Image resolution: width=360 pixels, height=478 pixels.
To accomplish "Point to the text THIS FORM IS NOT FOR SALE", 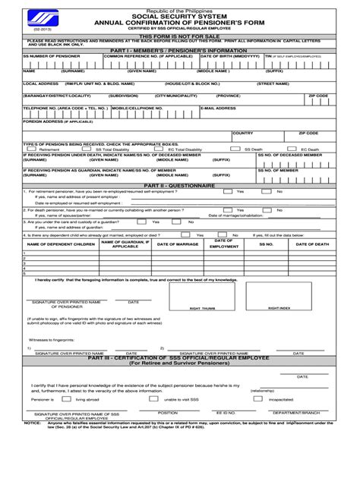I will [x=180, y=36].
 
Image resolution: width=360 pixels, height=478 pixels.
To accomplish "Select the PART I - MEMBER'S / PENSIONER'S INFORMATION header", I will [x=180, y=50].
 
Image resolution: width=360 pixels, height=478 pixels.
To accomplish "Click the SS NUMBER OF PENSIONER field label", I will [x=48, y=55].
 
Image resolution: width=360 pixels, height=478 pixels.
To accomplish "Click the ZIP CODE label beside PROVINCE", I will [x=317, y=96].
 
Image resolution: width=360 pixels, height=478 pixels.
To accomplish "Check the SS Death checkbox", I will [x=235, y=149].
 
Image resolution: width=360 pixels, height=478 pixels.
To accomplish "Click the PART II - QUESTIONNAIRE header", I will [x=180, y=185].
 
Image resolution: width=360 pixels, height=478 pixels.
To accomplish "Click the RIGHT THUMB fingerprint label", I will [x=202, y=309].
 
